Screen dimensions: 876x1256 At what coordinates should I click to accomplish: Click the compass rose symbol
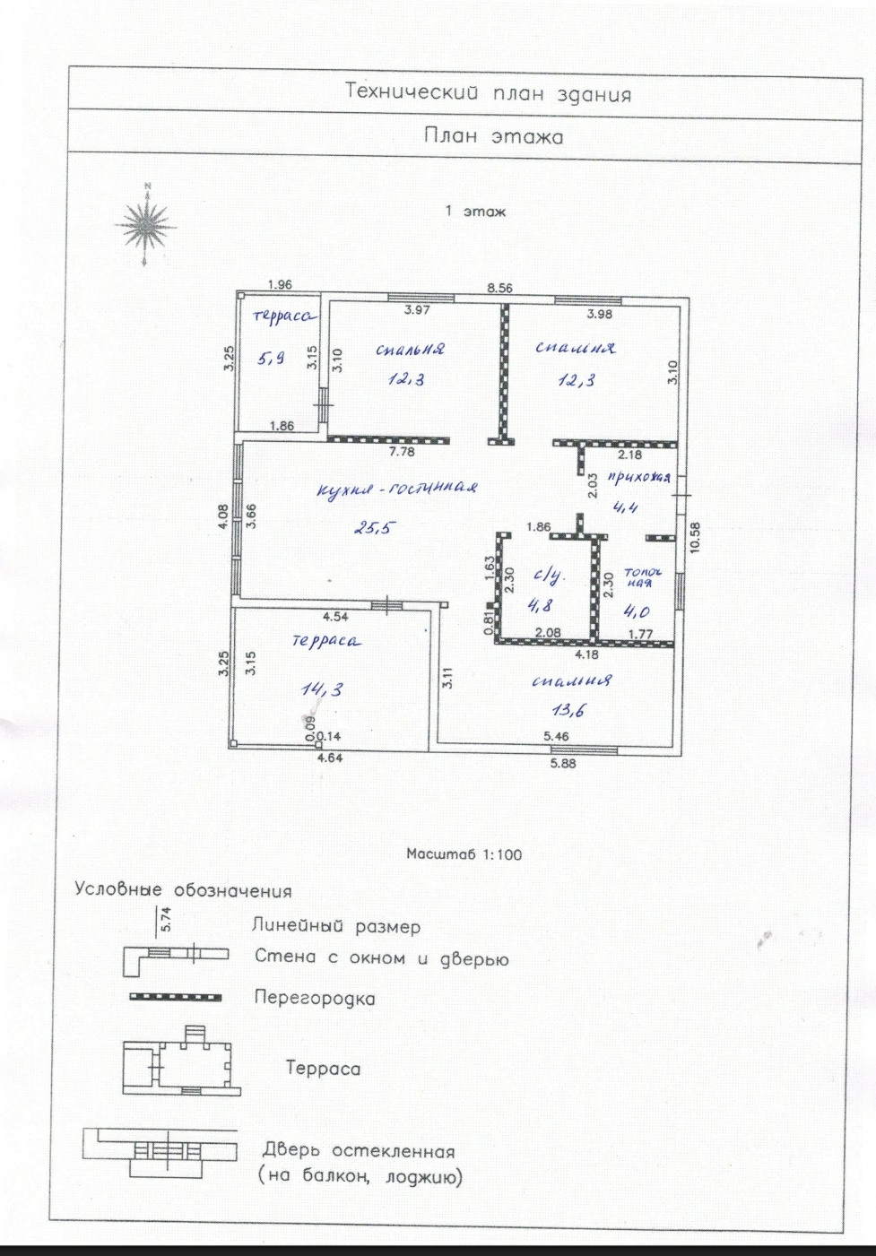[x=145, y=224]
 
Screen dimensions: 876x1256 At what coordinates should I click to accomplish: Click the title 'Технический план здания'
[x=488, y=93]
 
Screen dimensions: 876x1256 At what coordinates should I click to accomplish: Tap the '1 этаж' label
[x=475, y=212]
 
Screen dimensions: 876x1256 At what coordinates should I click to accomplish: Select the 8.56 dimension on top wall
[x=499, y=288]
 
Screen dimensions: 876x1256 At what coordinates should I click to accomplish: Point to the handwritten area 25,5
[x=373, y=528]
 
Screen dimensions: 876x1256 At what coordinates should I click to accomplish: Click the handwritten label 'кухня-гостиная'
[x=396, y=489]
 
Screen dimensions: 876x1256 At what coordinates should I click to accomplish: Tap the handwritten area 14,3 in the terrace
[x=322, y=689]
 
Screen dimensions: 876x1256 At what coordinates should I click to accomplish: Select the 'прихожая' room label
[x=638, y=478]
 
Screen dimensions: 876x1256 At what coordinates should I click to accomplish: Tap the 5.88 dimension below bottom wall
[x=563, y=764]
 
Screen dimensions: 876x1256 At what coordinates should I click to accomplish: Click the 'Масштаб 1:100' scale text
[x=464, y=854]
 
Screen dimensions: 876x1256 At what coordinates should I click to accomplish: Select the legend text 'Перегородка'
[x=315, y=998]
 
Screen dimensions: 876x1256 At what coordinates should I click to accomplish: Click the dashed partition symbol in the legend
[x=176, y=997]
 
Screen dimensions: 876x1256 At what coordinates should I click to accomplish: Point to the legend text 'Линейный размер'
[x=335, y=926]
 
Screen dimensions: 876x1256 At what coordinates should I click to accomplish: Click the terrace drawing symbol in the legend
[x=181, y=1064]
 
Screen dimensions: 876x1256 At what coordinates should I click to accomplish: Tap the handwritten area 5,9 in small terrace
[x=271, y=358]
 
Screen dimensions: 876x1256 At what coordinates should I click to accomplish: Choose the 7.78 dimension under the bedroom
[x=402, y=452]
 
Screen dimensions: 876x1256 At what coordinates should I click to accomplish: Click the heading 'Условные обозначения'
[x=183, y=890]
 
